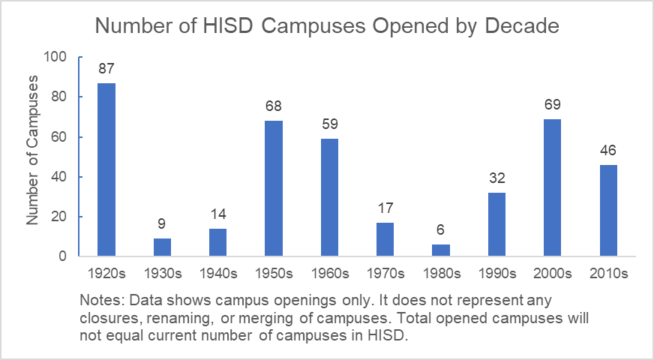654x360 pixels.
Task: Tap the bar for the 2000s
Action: pyautogui.click(x=552, y=187)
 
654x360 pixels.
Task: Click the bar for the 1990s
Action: pyautogui.click(x=496, y=224)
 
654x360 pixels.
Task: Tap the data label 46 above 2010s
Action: pyautogui.click(x=608, y=151)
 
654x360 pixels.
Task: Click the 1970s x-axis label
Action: pyautogui.click(x=385, y=273)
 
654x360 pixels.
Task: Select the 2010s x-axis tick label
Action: pyautogui.click(x=608, y=273)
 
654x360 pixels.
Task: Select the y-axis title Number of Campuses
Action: pyautogui.click(x=32, y=157)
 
